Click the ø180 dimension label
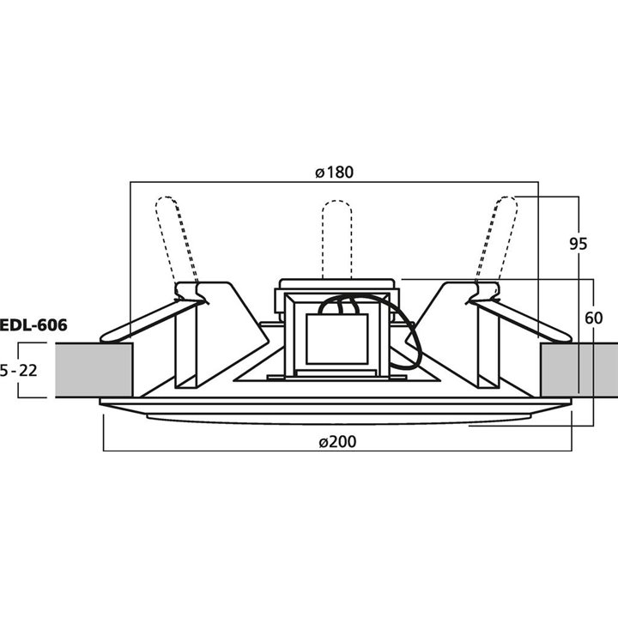[335, 173]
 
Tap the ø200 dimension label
[337, 441]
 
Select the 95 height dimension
[579, 244]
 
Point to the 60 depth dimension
[594, 318]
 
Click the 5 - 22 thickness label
[19, 371]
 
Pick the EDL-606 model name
[33, 325]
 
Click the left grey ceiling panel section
[94, 370]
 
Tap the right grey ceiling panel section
[579, 370]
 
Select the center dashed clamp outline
[337, 239]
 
